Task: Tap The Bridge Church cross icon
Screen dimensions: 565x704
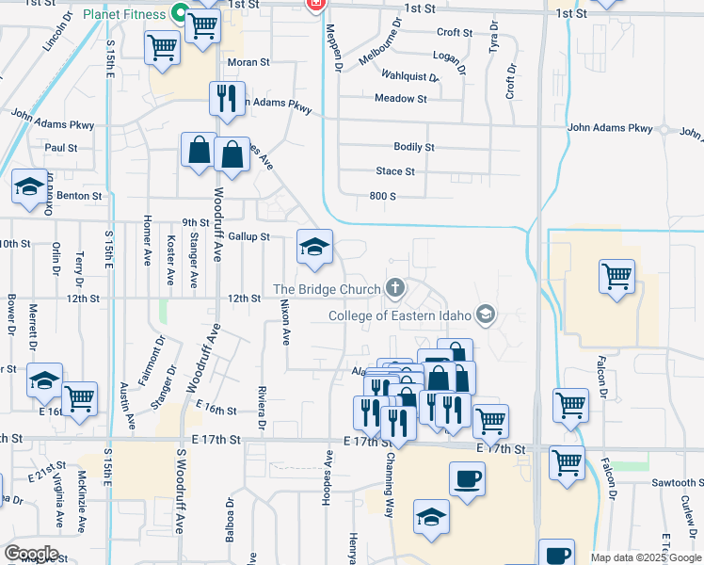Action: pos(395,288)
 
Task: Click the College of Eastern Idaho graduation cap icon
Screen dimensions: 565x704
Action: pos(486,314)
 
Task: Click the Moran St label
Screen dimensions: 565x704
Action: pos(248,62)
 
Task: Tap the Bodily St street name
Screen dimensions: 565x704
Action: pos(414,147)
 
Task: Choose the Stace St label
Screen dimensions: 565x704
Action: pos(395,171)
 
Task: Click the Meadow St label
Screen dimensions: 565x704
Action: pos(401,98)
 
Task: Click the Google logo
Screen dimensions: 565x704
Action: pos(31,553)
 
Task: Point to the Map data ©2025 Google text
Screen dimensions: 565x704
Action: pos(647,557)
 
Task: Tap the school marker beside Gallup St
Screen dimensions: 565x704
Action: pos(315,248)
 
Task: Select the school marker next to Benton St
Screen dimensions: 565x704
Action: pos(29,187)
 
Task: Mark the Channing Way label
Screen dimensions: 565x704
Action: pos(388,475)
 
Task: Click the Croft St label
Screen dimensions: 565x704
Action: pos(455,32)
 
